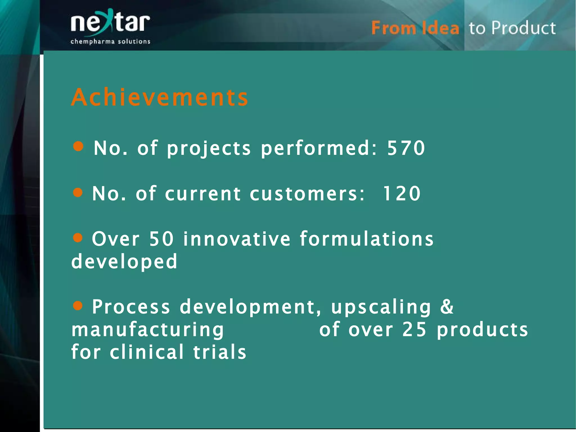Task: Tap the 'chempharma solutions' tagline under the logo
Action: [x=110, y=42]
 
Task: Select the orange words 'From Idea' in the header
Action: [x=415, y=28]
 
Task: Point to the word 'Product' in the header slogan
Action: [x=523, y=28]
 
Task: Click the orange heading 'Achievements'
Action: [x=160, y=97]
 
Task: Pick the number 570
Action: [x=406, y=148]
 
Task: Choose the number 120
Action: [x=401, y=194]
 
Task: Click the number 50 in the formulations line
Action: [x=161, y=239]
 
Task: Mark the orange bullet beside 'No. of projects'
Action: [x=78, y=146]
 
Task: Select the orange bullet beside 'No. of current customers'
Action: [x=78, y=193]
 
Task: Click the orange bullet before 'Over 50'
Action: [x=78, y=238]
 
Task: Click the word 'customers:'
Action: [x=307, y=194]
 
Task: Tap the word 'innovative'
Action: [x=237, y=239]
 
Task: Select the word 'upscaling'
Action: [x=381, y=307]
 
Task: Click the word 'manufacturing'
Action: [x=148, y=330]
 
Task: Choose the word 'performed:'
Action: [x=319, y=149]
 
